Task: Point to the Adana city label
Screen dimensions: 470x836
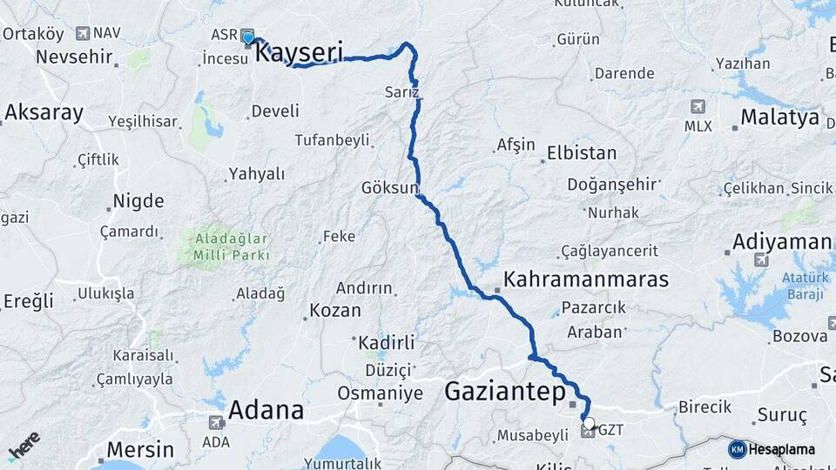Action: [x=266, y=410]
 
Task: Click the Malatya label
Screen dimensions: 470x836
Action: [x=779, y=117]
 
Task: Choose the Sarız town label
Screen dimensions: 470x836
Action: [x=402, y=91]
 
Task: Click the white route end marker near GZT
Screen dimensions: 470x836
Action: [x=589, y=424]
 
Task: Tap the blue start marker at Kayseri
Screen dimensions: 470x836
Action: [x=248, y=37]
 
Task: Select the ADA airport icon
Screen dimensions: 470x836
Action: [x=215, y=423]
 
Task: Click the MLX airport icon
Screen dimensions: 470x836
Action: [x=698, y=106]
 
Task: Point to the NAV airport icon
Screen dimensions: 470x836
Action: [x=83, y=33]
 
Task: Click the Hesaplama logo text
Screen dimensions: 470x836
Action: [x=781, y=449]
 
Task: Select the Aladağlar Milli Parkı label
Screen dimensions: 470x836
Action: [x=225, y=246]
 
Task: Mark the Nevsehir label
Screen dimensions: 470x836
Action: [x=75, y=58]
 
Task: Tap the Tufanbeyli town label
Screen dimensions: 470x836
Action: [x=332, y=139]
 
